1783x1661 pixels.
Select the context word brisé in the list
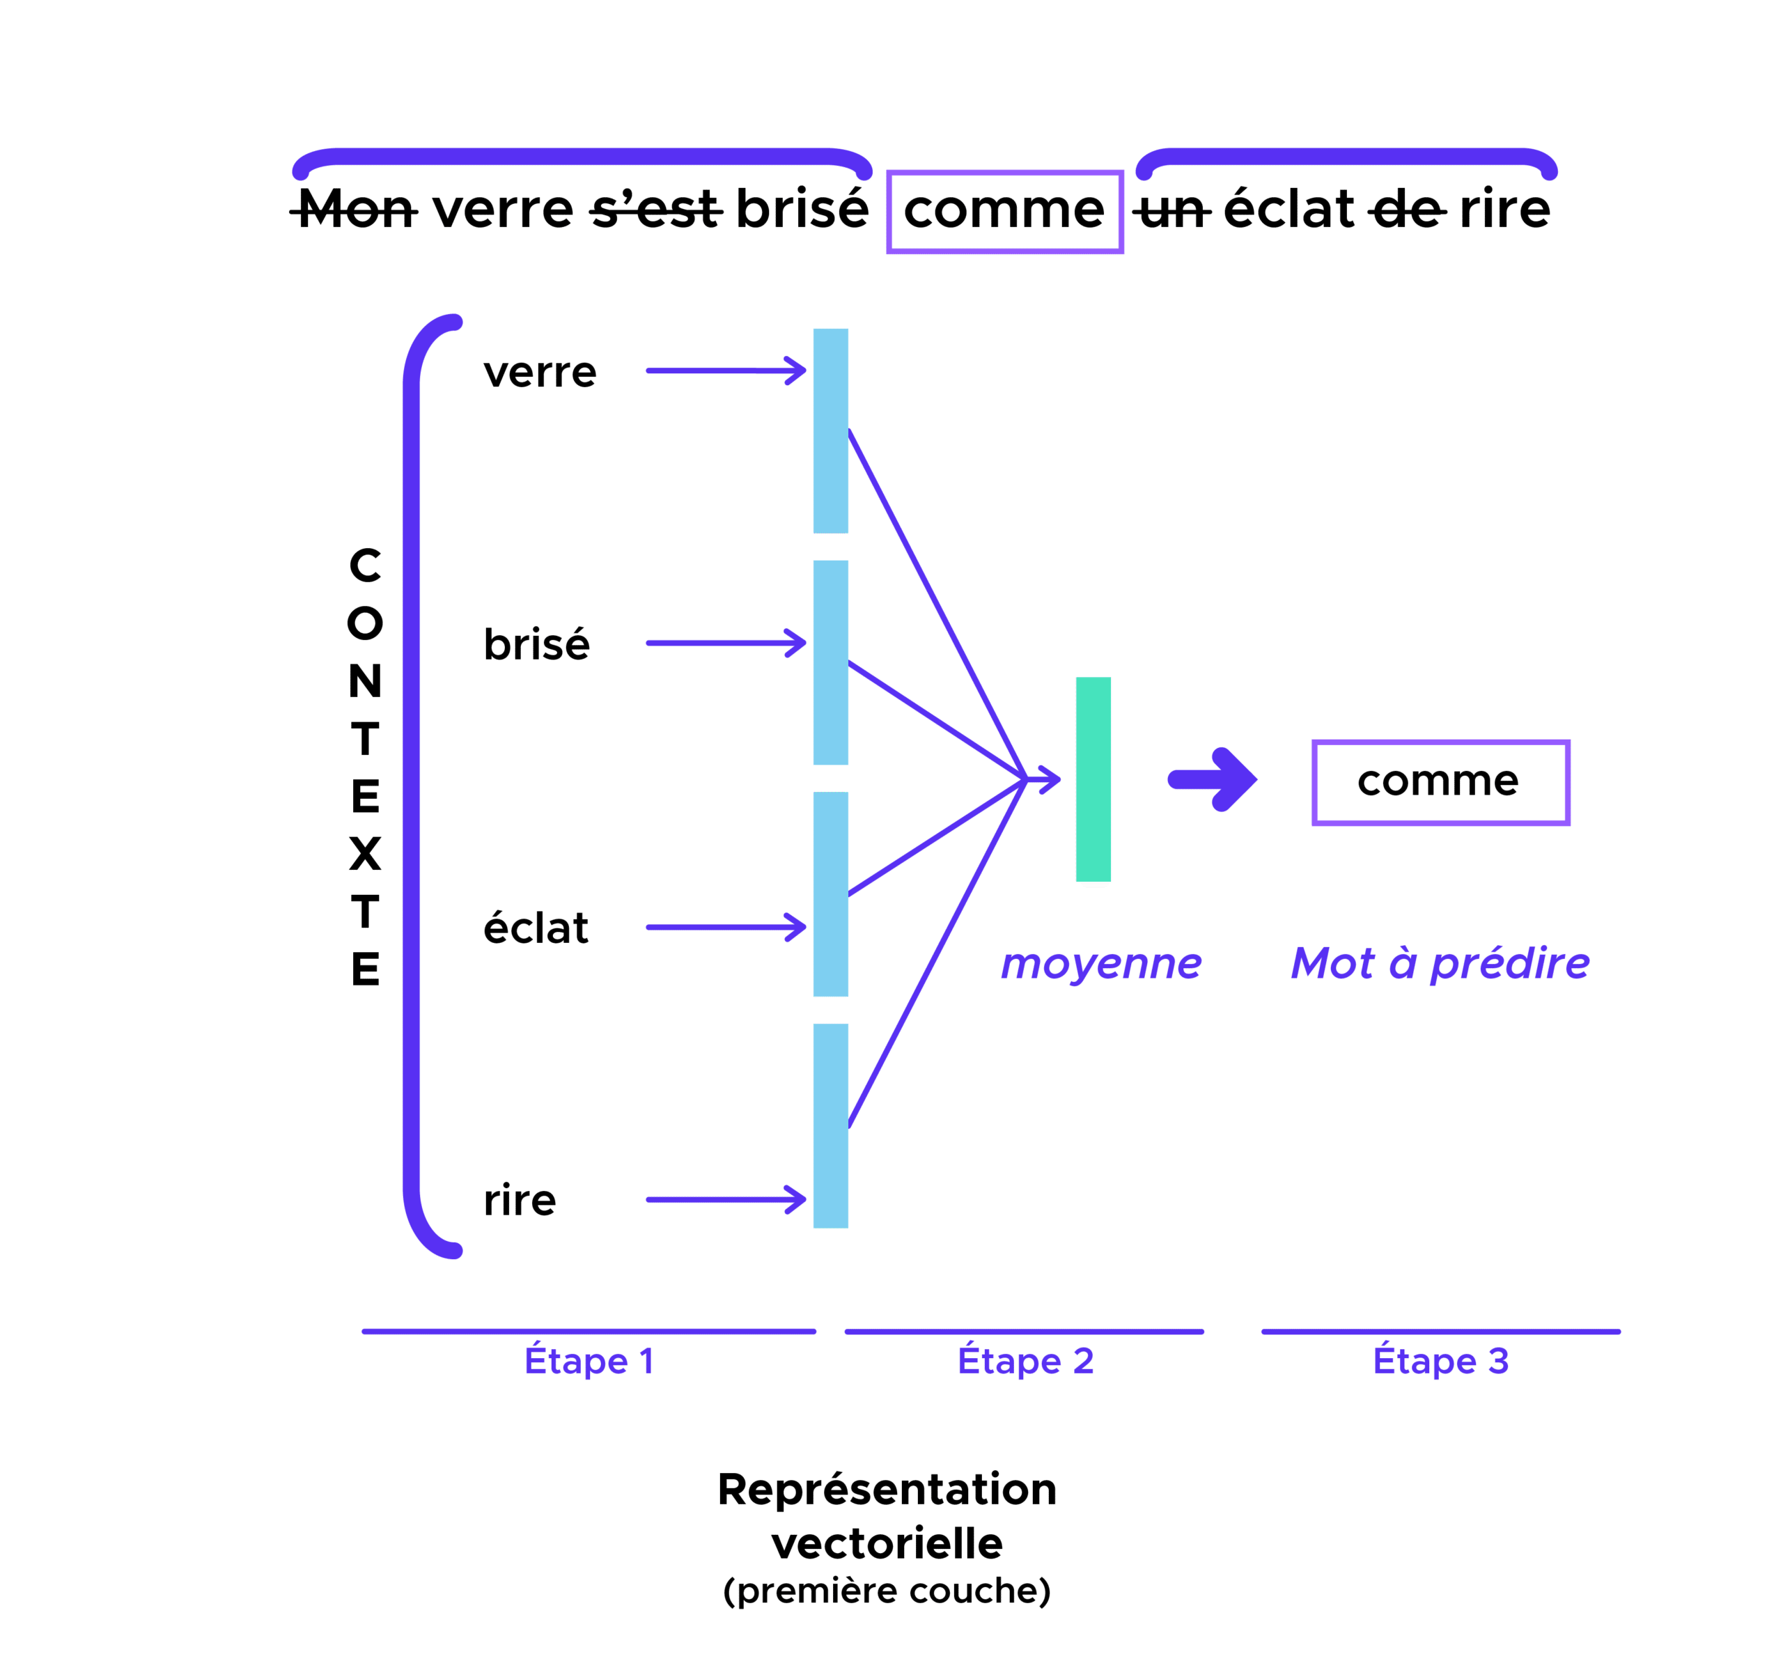[x=536, y=644]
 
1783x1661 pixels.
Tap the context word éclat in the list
[x=536, y=928]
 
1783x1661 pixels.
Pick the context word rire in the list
[x=520, y=1200]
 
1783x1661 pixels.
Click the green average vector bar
[x=1093, y=779]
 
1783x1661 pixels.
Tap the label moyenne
[x=1101, y=964]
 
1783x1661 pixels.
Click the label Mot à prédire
[x=1440, y=964]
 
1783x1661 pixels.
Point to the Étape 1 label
[x=589, y=1362]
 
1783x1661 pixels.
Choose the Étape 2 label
[x=1025, y=1362]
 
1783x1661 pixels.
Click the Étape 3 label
[x=1441, y=1362]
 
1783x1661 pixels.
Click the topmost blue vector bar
[x=830, y=430]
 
